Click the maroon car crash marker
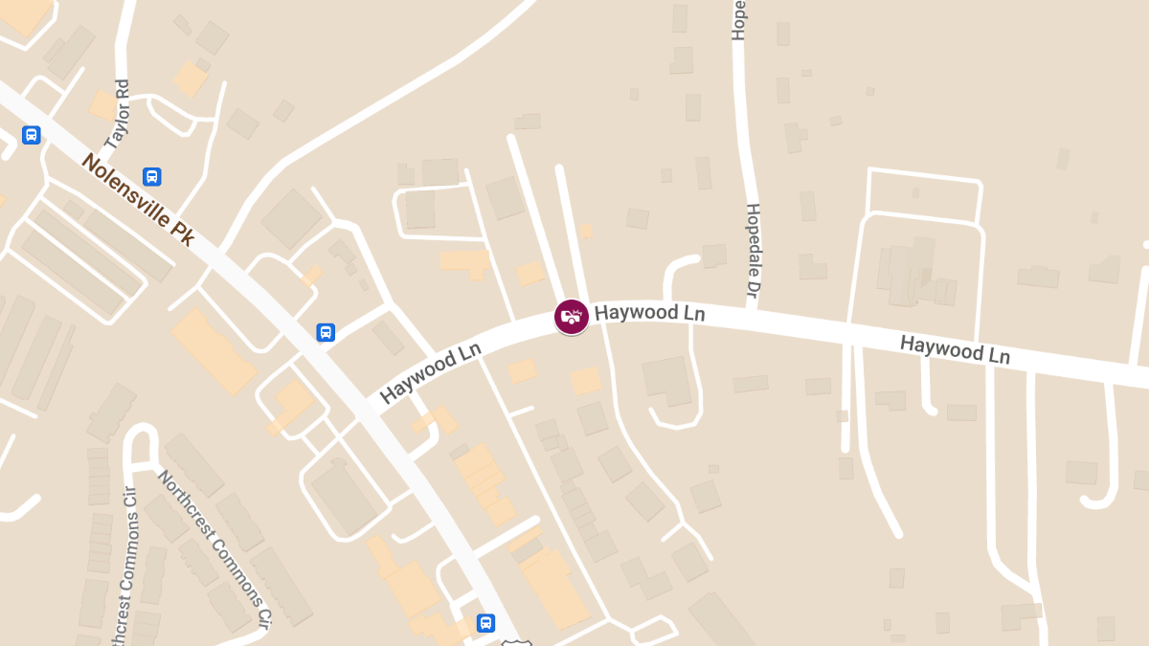pyautogui.click(x=572, y=316)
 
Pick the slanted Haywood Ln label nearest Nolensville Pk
pyautogui.click(x=430, y=373)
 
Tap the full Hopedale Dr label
pyautogui.click(x=753, y=248)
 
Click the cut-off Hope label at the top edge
pyautogui.click(x=738, y=19)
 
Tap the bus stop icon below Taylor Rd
pyautogui.click(x=151, y=176)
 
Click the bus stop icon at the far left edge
pyautogui.click(x=32, y=135)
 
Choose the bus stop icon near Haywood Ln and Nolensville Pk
pyautogui.click(x=326, y=332)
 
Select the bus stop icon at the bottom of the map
pyautogui.click(x=486, y=622)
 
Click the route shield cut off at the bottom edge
pyautogui.click(x=516, y=641)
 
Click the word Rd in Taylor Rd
pyautogui.click(x=121, y=90)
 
